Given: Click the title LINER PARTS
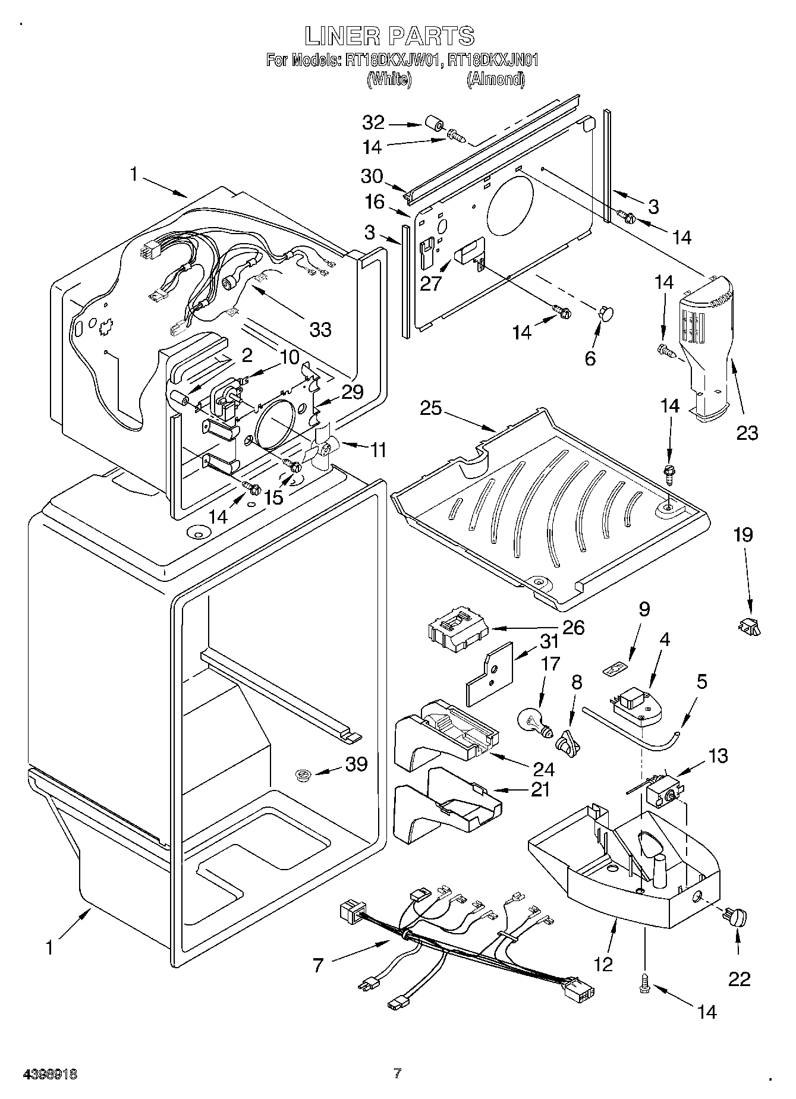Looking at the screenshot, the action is point(390,36).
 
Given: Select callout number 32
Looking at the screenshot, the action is point(374,122).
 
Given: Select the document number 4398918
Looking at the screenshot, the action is point(50,1074).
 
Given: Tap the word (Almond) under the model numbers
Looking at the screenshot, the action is point(495,79).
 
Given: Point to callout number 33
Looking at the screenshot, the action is point(320,329).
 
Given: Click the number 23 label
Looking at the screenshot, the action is point(747,433).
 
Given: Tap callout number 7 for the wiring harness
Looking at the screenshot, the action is point(318,965).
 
